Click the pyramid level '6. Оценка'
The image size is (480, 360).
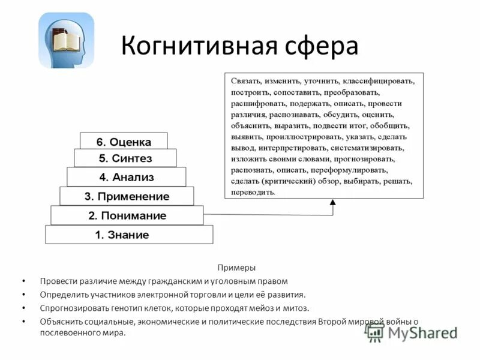124,142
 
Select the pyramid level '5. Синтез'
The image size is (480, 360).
125,159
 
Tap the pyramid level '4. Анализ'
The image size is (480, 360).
126,177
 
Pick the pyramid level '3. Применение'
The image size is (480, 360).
127,196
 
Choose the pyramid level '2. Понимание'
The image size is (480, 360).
127,215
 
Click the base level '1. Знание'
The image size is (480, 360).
129,235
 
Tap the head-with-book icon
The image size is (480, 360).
66,40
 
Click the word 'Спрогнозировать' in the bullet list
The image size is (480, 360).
71,308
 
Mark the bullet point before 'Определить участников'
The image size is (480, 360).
23,295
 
